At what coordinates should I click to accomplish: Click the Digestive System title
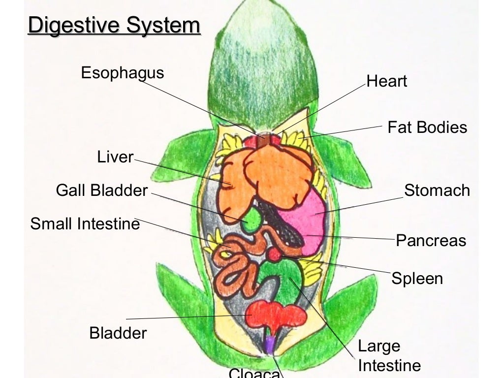pyautogui.click(x=114, y=26)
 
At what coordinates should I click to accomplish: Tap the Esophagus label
pyautogui.click(x=122, y=73)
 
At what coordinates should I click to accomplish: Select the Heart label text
pyautogui.click(x=387, y=81)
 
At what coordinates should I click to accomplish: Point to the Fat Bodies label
pyautogui.click(x=427, y=127)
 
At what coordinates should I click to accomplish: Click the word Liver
pyautogui.click(x=115, y=157)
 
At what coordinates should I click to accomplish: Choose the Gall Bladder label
pyautogui.click(x=102, y=190)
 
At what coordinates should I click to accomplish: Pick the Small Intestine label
pyautogui.click(x=85, y=224)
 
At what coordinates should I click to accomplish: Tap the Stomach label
pyautogui.click(x=437, y=190)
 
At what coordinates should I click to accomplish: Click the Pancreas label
pyautogui.click(x=431, y=241)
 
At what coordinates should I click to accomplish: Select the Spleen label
pyautogui.click(x=417, y=279)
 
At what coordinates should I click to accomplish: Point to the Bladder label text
pyautogui.click(x=118, y=333)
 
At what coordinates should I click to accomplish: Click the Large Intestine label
pyautogui.click(x=389, y=356)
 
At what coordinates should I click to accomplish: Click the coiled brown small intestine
pyautogui.click(x=236, y=268)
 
